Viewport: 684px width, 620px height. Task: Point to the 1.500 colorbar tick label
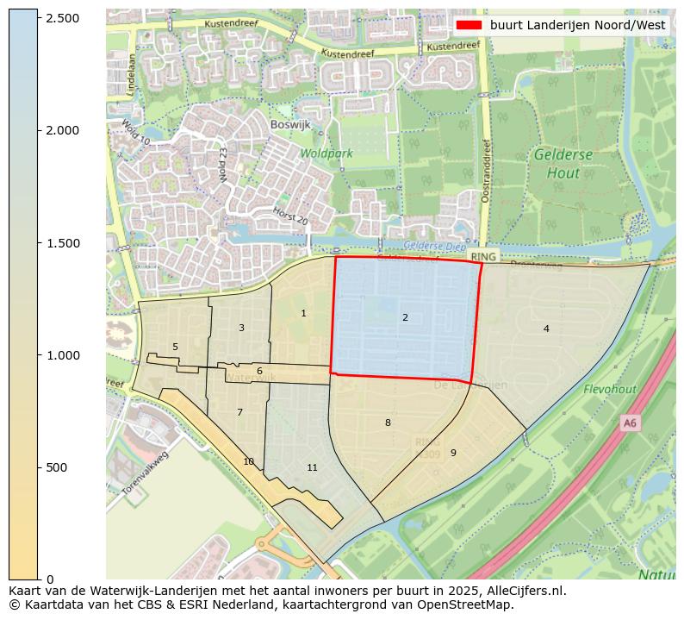tap(61, 243)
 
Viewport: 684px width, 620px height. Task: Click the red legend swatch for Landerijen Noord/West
tap(469, 25)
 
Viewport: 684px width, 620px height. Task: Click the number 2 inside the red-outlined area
tap(405, 318)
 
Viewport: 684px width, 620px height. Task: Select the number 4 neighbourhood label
tap(546, 329)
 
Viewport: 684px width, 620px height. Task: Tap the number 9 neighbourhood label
tap(453, 453)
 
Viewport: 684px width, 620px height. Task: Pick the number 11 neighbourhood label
tap(312, 468)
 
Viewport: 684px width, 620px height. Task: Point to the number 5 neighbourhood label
tap(175, 348)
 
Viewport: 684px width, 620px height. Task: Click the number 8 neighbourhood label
tap(388, 423)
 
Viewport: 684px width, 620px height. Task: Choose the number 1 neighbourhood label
tap(303, 314)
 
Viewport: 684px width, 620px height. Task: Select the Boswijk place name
tap(289, 124)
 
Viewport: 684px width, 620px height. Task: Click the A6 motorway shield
tap(630, 423)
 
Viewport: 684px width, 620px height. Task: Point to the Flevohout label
tap(609, 390)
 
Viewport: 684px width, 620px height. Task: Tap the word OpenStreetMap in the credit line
tap(466, 604)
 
